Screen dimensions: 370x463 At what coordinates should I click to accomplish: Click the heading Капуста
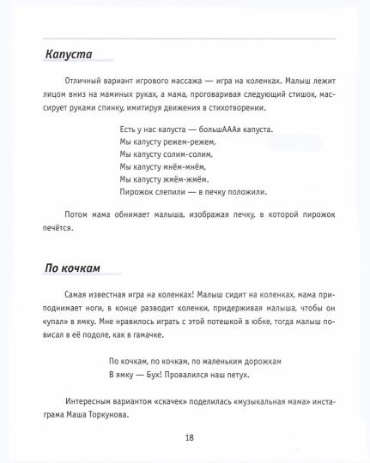click(x=69, y=55)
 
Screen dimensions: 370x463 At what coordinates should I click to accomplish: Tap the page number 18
click(x=189, y=437)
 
